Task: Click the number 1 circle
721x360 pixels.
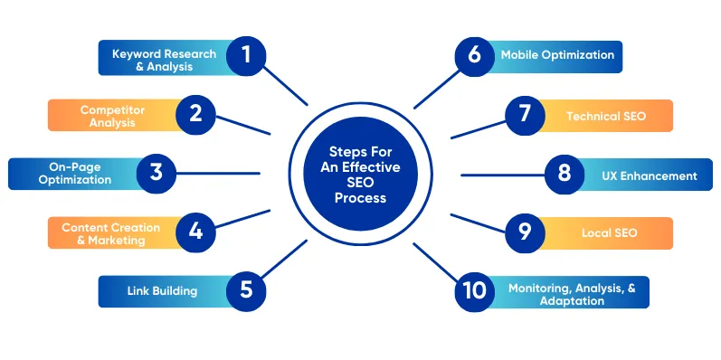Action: click(x=245, y=56)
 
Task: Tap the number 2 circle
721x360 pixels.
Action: click(x=194, y=114)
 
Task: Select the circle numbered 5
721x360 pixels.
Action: click(x=245, y=290)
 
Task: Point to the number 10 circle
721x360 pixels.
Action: click(x=474, y=290)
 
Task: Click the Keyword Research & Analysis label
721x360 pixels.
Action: click(x=164, y=60)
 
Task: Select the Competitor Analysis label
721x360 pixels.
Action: click(x=112, y=116)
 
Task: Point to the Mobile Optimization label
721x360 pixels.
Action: click(x=557, y=55)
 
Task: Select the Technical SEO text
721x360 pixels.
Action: click(x=606, y=116)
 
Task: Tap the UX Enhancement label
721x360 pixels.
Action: click(x=649, y=175)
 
